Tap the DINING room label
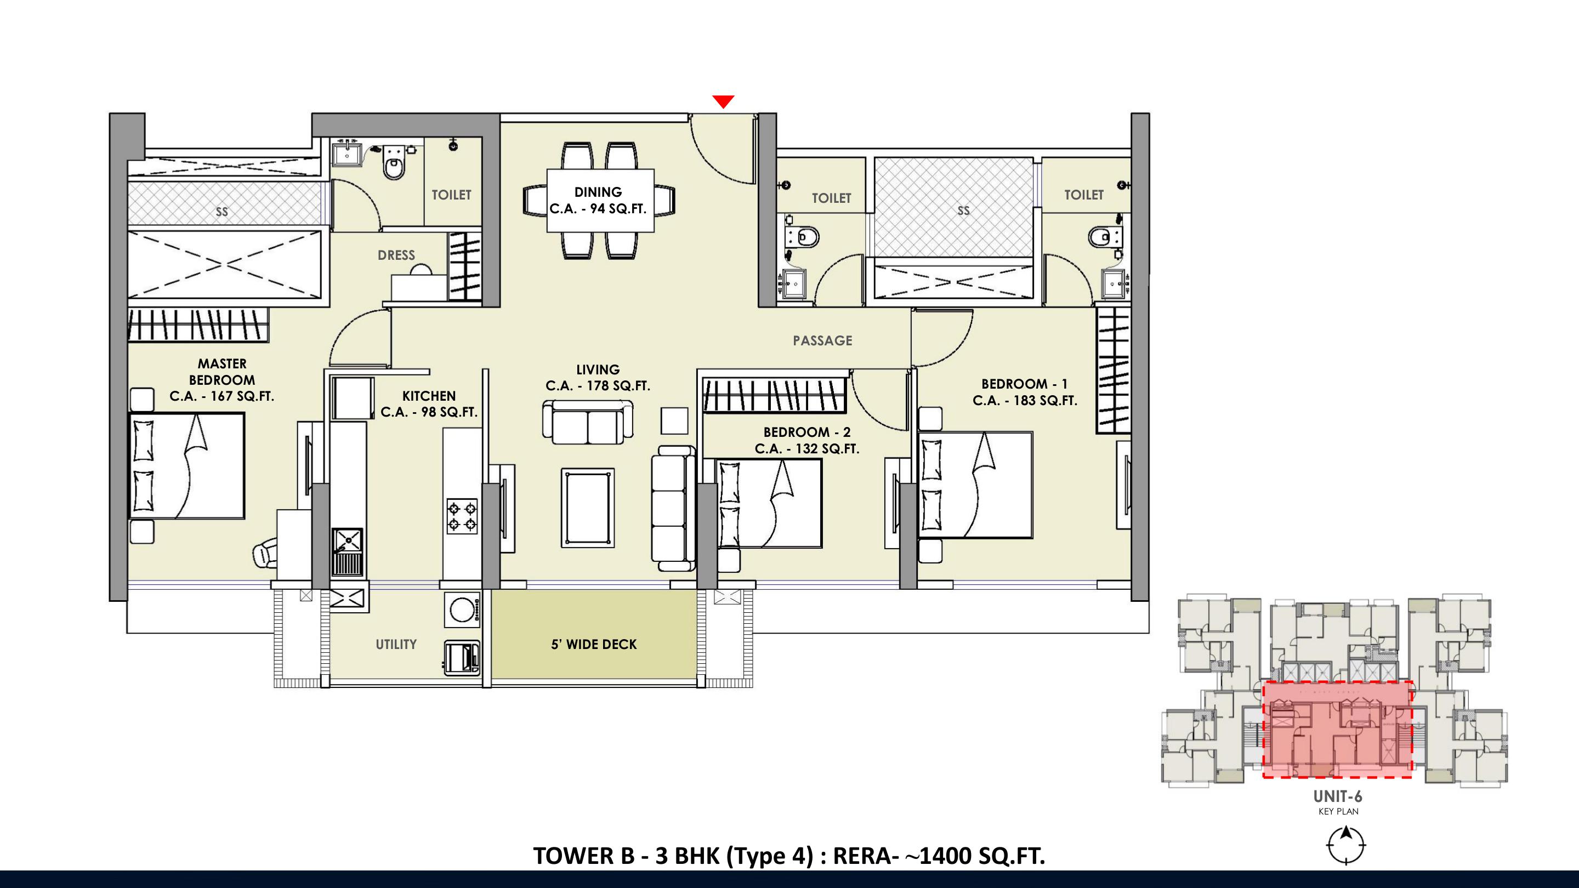click(x=598, y=192)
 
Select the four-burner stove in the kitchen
click(x=462, y=515)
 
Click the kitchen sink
click(x=348, y=551)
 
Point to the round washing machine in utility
click(x=462, y=609)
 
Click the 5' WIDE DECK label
click(x=594, y=644)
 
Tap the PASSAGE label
click(x=822, y=341)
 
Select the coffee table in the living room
click(x=587, y=508)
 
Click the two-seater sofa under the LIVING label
click(x=588, y=422)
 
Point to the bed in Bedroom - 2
click(x=769, y=503)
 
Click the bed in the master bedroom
click(x=187, y=466)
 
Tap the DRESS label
click(x=396, y=255)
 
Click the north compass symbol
click(x=1346, y=846)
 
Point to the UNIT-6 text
click(x=1338, y=796)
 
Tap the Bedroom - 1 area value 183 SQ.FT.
click(x=1042, y=400)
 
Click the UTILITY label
click(x=396, y=644)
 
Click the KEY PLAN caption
click(x=1339, y=811)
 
